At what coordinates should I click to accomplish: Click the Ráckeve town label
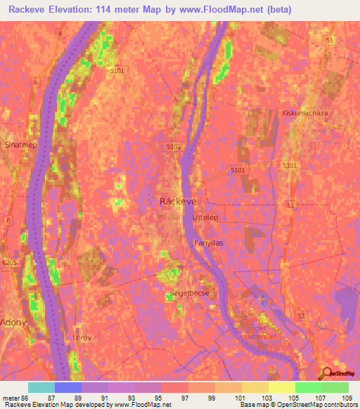[x=178, y=200]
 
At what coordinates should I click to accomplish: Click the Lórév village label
[x=82, y=337]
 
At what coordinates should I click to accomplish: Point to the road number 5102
[x=173, y=147]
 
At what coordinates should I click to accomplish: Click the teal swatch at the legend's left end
[x=41, y=387]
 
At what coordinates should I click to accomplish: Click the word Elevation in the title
[x=77, y=10]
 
